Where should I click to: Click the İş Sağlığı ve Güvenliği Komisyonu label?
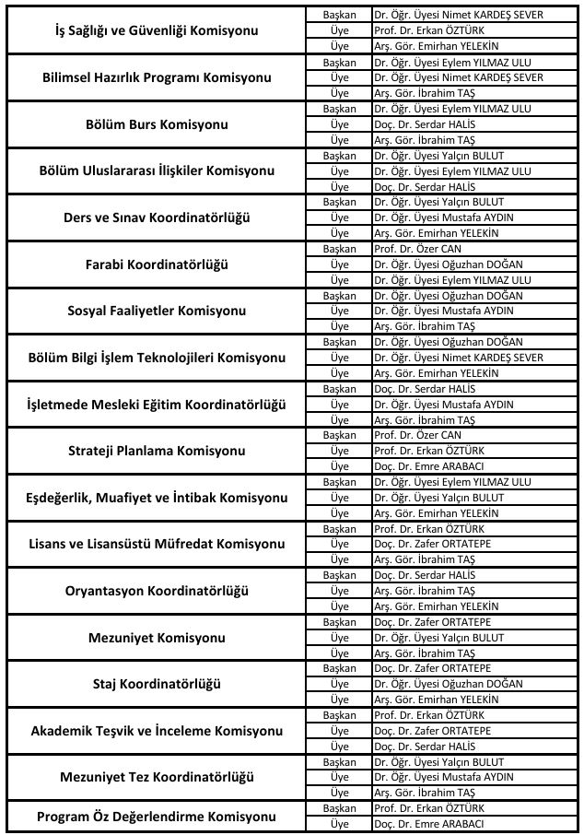click(156, 30)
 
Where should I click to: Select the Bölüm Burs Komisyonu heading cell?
click(156, 124)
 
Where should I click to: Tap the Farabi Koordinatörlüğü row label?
click(156, 265)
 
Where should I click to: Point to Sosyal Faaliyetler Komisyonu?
click(156, 311)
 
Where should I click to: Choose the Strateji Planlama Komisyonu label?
click(156, 451)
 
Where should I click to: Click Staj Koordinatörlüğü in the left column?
click(156, 684)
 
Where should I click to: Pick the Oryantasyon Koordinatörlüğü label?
click(156, 591)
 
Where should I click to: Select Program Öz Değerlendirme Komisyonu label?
click(156, 817)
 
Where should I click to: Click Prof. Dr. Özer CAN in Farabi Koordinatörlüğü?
click(417, 249)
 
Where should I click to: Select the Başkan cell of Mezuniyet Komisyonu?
click(340, 622)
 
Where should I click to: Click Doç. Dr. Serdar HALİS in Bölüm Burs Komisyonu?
click(423, 124)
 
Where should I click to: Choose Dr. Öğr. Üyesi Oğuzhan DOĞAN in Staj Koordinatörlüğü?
click(449, 684)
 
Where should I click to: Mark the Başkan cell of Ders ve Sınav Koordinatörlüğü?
click(340, 202)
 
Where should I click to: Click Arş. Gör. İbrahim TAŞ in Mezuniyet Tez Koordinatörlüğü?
click(424, 793)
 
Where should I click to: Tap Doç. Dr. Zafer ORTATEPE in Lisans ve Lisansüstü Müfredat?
click(432, 544)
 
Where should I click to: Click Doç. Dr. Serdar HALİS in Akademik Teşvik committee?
click(423, 746)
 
